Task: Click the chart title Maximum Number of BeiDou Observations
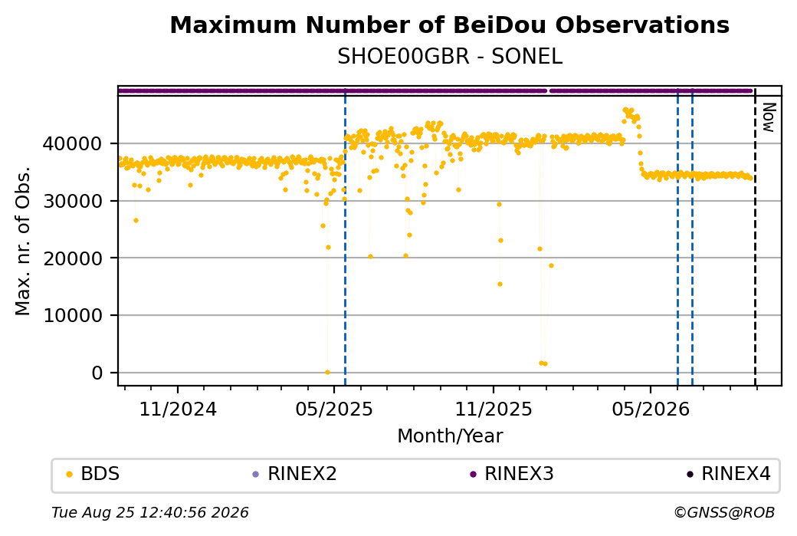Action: click(449, 25)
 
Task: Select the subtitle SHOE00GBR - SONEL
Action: click(450, 56)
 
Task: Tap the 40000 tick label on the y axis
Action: click(72, 144)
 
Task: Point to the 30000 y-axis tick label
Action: click(72, 202)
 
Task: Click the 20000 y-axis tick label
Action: click(72, 258)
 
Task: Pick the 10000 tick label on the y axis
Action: click(72, 316)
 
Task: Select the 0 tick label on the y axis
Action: click(97, 373)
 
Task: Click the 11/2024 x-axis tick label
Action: click(178, 409)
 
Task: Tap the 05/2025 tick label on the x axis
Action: click(334, 409)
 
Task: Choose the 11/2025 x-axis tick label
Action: click(493, 409)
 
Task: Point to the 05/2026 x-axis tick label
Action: click(651, 409)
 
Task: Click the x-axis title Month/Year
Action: click(450, 436)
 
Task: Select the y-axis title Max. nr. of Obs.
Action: click(23, 241)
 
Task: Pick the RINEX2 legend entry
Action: click(295, 474)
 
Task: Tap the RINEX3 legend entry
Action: click(512, 474)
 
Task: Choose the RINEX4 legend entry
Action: click(729, 474)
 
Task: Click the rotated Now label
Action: click(769, 117)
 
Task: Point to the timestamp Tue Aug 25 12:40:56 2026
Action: click(150, 512)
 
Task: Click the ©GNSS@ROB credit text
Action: click(725, 512)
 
